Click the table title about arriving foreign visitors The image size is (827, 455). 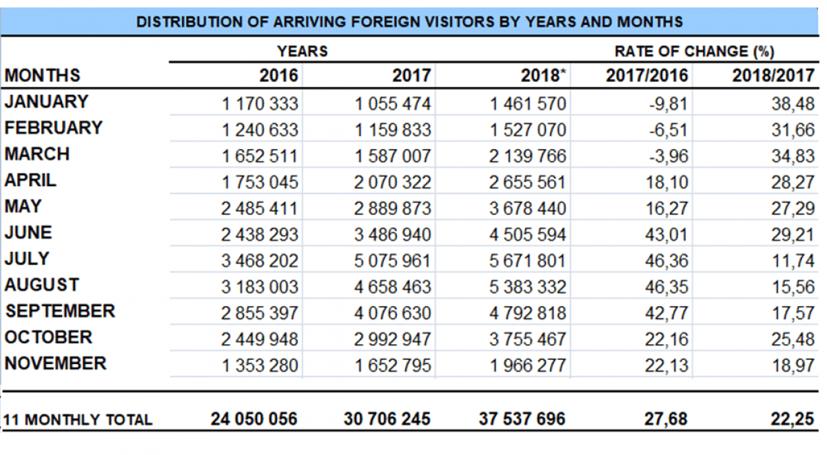(x=409, y=22)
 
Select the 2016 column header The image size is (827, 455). (x=279, y=76)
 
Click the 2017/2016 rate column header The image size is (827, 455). (x=646, y=76)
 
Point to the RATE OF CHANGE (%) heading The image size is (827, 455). (x=694, y=52)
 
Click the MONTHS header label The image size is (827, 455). (x=43, y=75)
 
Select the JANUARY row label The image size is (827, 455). (x=46, y=101)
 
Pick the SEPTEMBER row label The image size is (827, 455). (x=60, y=311)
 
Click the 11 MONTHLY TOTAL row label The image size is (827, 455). (x=79, y=420)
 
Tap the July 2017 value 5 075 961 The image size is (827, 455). (x=393, y=261)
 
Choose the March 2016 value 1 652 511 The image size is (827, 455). (x=260, y=156)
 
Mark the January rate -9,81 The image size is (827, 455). (x=668, y=104)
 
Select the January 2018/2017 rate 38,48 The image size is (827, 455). (x=793, y=104)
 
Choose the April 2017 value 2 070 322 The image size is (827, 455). (x=393, y=183)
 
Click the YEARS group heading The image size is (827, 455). (x=303, y=52)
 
